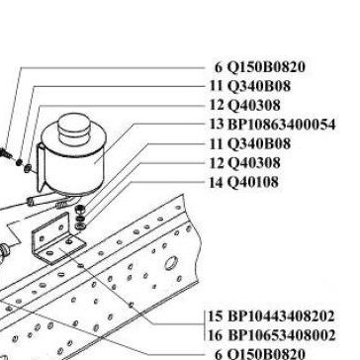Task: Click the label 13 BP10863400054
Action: pos(272,125)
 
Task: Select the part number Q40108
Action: pos(253,182)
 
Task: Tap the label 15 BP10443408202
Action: pos(271,316)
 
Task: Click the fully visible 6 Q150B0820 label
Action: pos(260,67)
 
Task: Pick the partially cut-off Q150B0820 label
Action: pos(260,355)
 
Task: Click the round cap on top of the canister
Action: pos(74,126)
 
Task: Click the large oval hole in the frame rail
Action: pos(171,263)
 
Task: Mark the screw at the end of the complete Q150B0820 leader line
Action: pos(6,152)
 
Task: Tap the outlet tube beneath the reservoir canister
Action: pos(49,200)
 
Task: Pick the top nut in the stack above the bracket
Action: pos(79,209)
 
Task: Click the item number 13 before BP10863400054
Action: pos(217,125)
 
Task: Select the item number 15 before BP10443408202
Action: pos(216,316)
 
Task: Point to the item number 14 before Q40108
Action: pos(217,182)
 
